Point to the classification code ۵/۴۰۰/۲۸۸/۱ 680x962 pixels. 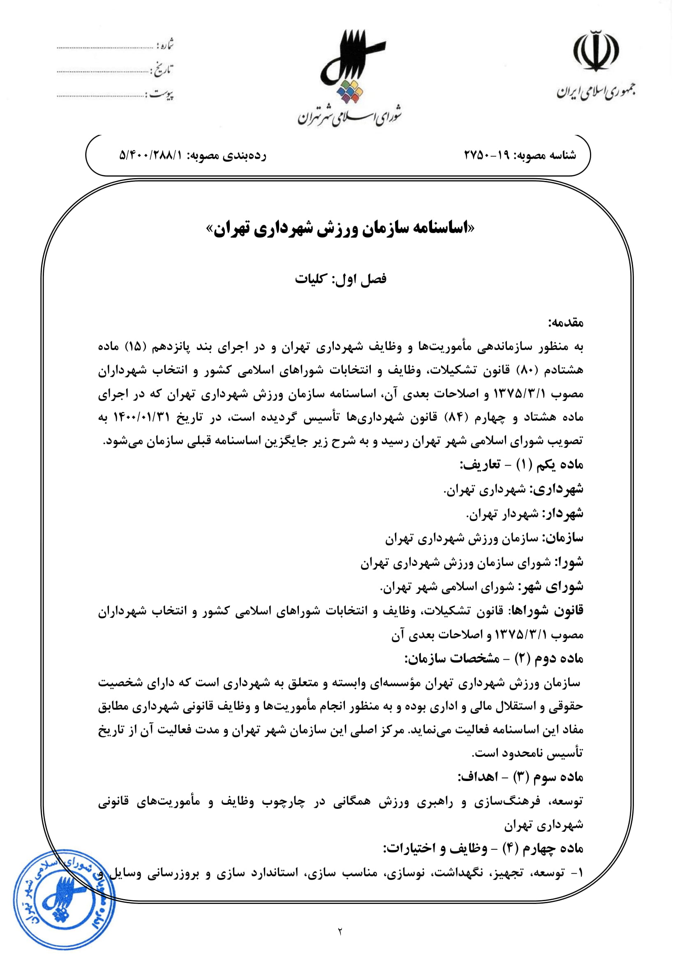click(x=151, y=155)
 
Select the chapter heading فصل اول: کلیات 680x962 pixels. click(x=340, y=279)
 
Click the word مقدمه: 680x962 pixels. click(x=566, y=323)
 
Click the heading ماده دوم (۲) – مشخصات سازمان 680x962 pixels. click(x=494, y=659)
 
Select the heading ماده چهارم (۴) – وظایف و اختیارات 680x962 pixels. click(x=483, y=848)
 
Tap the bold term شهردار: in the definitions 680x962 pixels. click(x=563, y=514)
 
